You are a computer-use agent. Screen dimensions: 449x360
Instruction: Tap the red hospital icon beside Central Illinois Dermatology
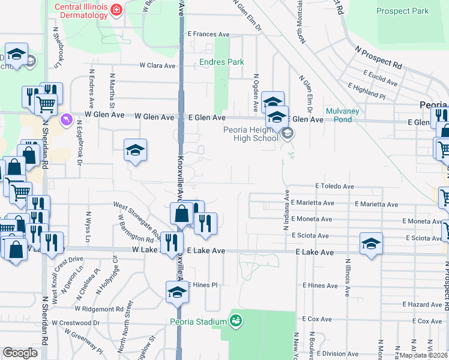[116, 10]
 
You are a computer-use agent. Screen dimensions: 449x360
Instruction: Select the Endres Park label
[222, 62]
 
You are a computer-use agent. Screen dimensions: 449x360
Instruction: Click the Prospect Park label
[403, 11]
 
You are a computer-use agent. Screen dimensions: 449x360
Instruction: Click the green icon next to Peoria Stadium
[237, 322]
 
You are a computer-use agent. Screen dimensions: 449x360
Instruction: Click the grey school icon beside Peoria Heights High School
[288, 133]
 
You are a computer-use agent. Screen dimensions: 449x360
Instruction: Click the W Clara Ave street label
[157, 65]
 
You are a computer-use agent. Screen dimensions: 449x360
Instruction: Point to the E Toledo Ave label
[333, 187]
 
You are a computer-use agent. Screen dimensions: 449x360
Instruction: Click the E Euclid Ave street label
[381, 78]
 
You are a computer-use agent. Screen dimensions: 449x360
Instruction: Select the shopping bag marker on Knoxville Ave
[181, 213]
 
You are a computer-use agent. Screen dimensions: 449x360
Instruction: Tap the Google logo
[20, 353]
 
